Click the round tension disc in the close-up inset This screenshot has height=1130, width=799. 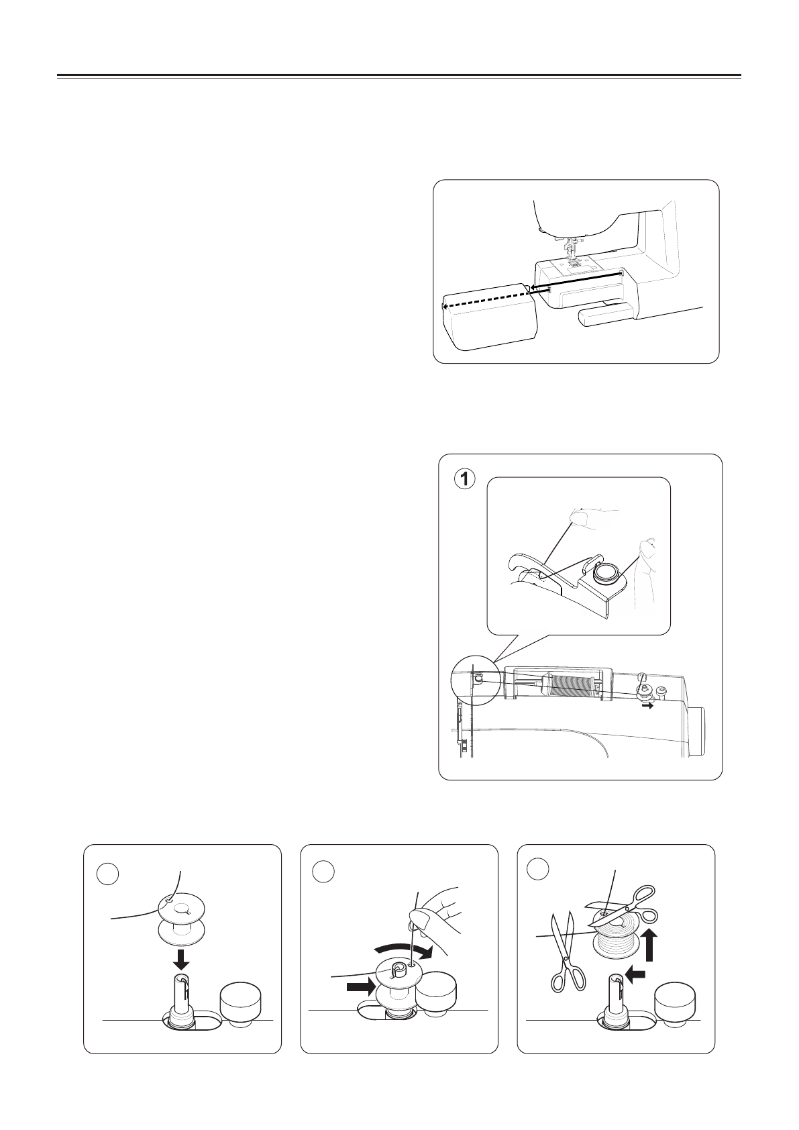(x=608, y=572)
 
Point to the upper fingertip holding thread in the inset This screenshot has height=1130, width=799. (x=579, y=518)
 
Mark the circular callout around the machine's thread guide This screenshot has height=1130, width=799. (x=472, y=680)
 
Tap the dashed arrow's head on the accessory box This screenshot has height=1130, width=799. (x=444, y=306)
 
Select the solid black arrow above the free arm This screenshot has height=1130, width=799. (x=575, y=281)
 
